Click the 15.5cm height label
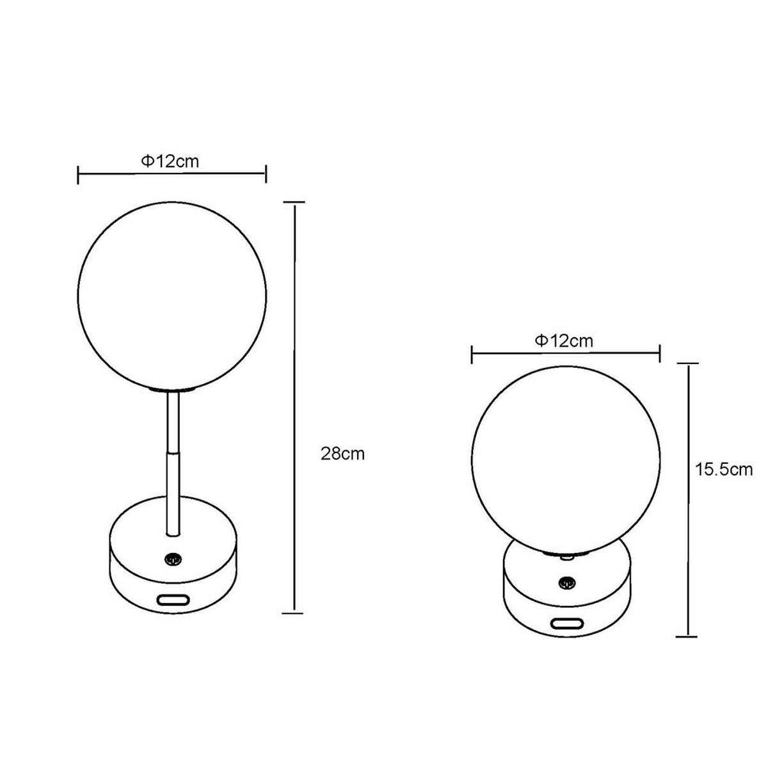coord(724,470)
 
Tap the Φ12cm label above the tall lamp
coord(170,161)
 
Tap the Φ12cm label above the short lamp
coord(564,340)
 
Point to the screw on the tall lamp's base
coord(172,559)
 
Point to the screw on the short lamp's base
coord(565,582)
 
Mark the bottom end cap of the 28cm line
coord(294,612)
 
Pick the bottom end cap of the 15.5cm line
coord(687,636)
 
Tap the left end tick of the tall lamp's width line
coord(78,173)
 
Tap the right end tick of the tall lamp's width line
coord(266,173)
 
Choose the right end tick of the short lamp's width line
coord(659,353)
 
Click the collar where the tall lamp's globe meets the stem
coord(171,389)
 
